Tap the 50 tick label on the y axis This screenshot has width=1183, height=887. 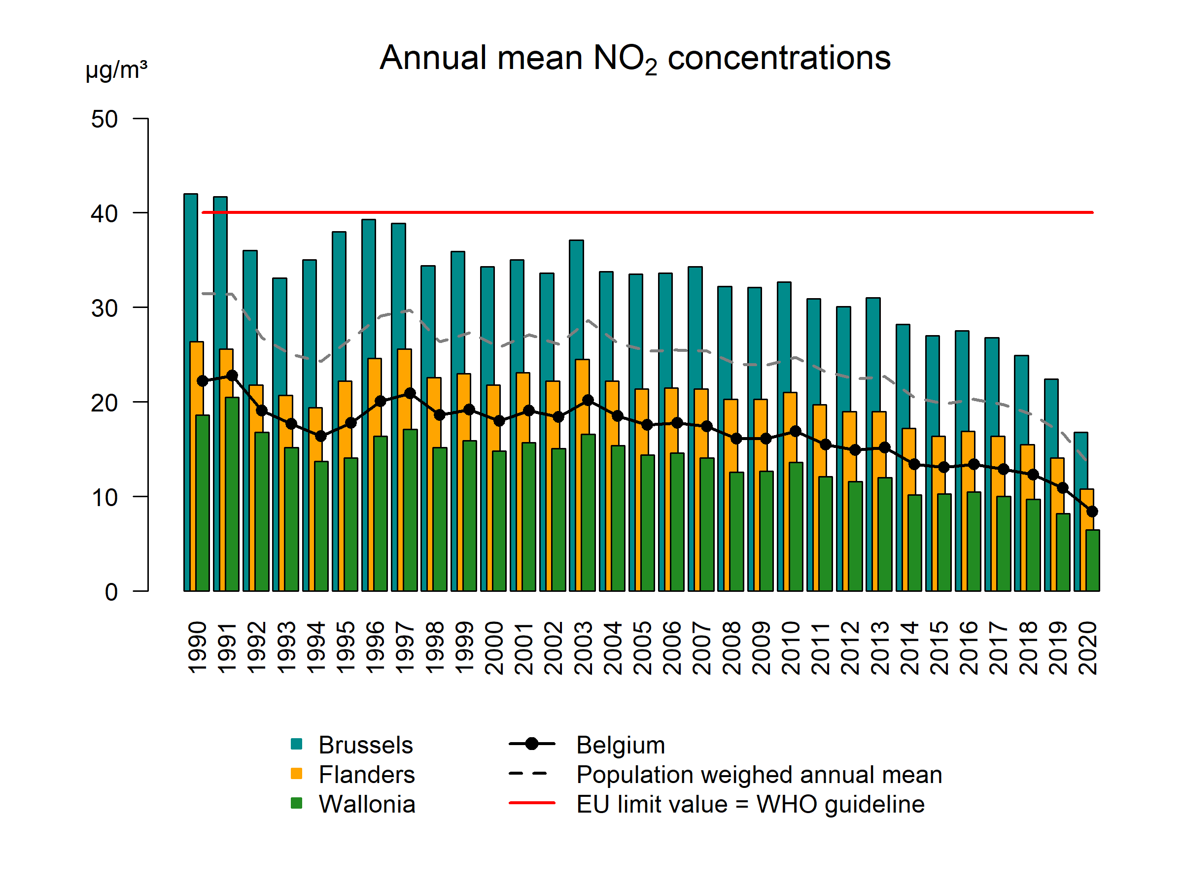point(104,119)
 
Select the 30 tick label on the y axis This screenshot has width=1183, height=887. point(104,308)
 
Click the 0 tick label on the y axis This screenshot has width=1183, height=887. point(111,592)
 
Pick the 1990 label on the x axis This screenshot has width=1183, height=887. point(197,647)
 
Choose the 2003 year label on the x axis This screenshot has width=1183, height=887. point(583,647)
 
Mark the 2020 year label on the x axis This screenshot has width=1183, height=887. point(1088,647)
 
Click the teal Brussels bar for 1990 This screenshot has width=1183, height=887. point(190,267)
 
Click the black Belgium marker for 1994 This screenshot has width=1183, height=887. point(321,436)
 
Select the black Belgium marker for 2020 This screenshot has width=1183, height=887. point(1092,512)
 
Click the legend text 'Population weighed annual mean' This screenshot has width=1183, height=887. point(759,775)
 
